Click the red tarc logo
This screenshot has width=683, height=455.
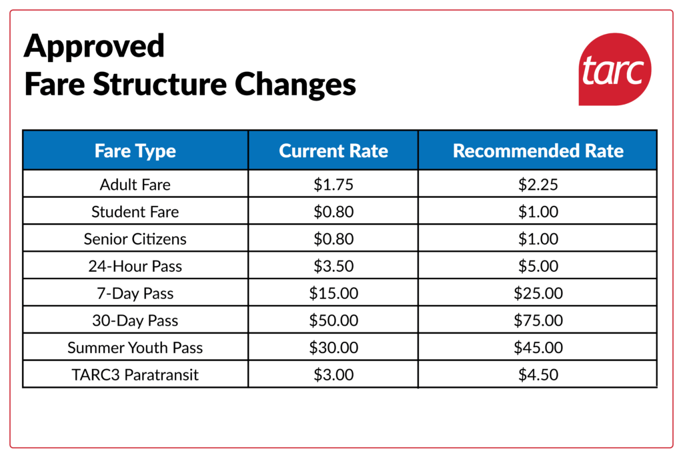pyautogui.click(x=614, y=69)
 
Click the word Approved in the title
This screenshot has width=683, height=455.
pyautogui.click(x=94, y=47)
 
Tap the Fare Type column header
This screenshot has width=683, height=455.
pyautogui.click(x=135, y=151)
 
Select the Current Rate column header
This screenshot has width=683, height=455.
pyautogui.click(x=333, y=151)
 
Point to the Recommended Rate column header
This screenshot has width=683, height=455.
pyautogui.click(x=538, y=151)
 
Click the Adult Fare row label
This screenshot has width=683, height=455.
pyautogui.click(x=135, y=184)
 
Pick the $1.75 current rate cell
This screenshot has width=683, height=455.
pyautogui.click(x=333, y=184)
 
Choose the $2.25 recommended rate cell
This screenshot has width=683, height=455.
pyautogui.click(x=538, y=184)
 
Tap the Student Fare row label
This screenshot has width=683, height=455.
pyautogui.click(x=135, y=211)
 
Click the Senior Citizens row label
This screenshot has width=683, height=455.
pyautogui.click(x=135, y=238)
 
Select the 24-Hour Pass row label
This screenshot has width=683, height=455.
pyautogui.click(x=135, y=266)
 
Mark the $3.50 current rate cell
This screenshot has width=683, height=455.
pyautogui.click(x=333, y=266)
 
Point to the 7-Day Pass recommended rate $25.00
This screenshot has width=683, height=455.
pyautogui.click(x=538, y=293)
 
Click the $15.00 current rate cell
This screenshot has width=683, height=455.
pyautogui.click(x=333, y=293)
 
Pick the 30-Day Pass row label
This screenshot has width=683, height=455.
pyautogui.click(x=135, y=320)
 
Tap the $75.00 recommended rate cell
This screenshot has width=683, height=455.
pyautogui.click(x=538, y=320)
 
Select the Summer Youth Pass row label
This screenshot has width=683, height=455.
pyautogui.click(x=135, y=348)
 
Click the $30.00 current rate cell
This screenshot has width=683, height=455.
pyautogui.click(x=333, y=348)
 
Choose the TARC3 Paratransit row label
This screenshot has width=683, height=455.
pyautogui.click(x=135, y=374)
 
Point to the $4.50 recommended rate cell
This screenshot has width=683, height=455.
pyautogui.click(x=538, y=374)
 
